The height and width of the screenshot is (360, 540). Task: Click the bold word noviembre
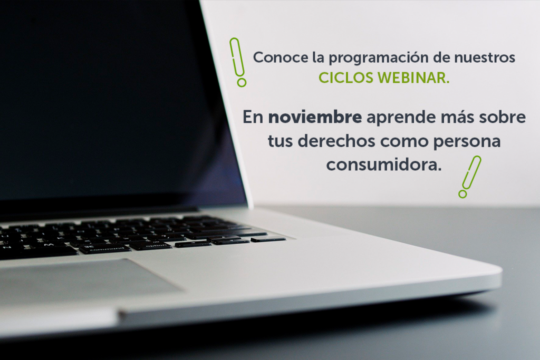[x=315, y=117]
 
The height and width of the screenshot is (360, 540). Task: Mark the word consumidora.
[x=384, y=164]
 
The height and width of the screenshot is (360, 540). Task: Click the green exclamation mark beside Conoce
[x=238, y=62]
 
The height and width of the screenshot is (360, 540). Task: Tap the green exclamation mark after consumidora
[x=470, y=177]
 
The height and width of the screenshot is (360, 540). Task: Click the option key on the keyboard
[x=150, y=246]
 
